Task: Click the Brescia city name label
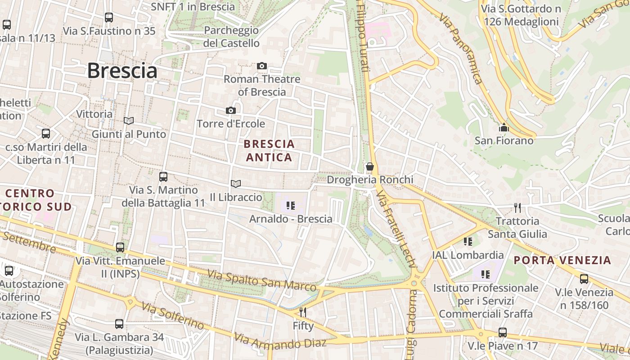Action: (x=122, y=71)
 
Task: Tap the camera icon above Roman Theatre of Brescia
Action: (x=262, y=66)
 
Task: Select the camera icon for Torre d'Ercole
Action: (x=230, y=111)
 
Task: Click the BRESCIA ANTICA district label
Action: (x=269, y=151)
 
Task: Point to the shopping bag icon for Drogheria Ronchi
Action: (x=370, y=167)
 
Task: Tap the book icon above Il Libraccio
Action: (x=236, y=184)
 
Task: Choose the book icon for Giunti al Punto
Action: (x=129, y=121)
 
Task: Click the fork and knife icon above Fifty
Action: (x=303, y=312)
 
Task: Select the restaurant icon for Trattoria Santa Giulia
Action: (x=517, y=208)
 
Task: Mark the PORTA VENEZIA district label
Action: (x=562, y=260)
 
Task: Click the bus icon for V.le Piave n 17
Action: (x=503, y=333)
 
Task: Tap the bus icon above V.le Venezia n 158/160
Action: (x=584, y=279)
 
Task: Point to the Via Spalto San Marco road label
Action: (x=261, y=280)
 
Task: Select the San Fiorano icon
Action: (x=504, y=128)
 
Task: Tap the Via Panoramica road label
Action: (x=461, y=49)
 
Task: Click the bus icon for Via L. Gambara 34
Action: (x=119, y=324)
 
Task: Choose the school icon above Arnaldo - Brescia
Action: (x=291, y=206)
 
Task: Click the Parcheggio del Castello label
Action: (x=231, y=37)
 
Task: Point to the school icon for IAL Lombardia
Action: (x=468, y=242)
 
